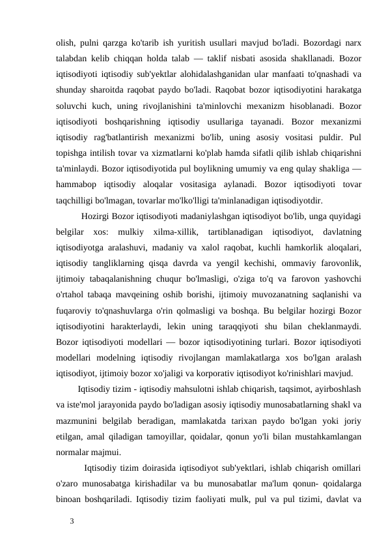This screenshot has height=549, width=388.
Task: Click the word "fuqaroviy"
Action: click(77, 310)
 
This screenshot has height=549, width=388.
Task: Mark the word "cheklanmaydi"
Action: click(335, 326)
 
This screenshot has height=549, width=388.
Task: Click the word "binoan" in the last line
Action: click(72, 499)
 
